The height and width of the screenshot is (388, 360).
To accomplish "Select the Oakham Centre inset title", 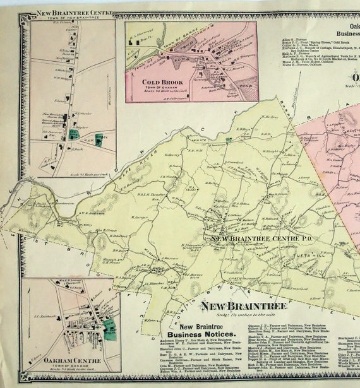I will point(56,360).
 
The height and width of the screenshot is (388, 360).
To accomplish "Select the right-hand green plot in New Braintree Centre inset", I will point(99,139).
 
